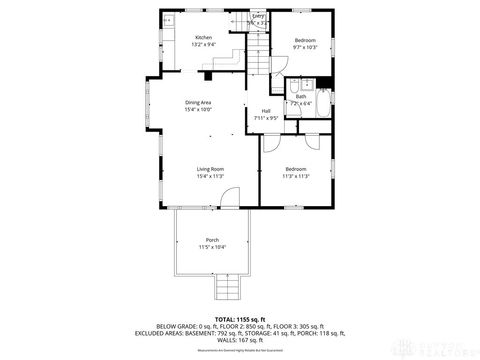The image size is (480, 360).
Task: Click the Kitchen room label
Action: [203, 38]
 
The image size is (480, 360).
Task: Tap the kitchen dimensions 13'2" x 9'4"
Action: [203, 45]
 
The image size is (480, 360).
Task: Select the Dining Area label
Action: [197, 103]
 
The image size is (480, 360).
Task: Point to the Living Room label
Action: [209, 169]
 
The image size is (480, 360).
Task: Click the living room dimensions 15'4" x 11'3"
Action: [209, 176]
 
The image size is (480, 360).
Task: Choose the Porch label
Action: [212, 240]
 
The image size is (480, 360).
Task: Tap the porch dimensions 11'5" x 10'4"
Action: [212, 247]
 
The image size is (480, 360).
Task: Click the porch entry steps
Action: [227, 289]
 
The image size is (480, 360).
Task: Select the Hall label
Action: [266, 110]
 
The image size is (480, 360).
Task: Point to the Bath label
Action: [300, 96]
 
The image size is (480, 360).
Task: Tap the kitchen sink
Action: [167, 20]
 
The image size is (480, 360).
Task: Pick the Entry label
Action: [258, 16]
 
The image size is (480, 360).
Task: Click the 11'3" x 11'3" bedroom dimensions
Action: [296, 176]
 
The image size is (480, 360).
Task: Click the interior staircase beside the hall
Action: [258, 60]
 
